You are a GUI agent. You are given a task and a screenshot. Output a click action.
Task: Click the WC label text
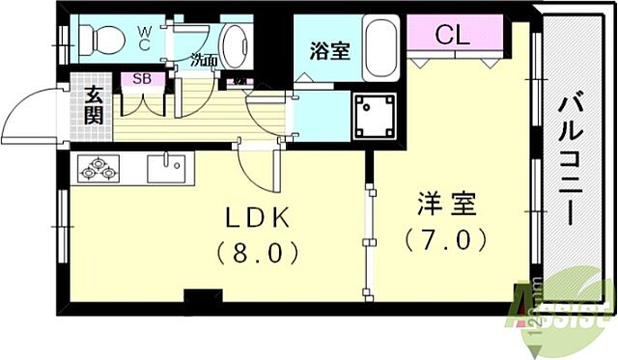tap(144, 37)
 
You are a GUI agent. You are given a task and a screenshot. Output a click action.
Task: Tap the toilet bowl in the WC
tap(100, 40)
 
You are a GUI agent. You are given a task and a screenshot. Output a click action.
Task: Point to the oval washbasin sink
tap(234, 43)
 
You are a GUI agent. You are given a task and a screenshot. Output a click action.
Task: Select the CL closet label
tap(451, 37)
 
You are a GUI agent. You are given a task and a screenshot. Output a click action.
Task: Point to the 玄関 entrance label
tap(94, 103)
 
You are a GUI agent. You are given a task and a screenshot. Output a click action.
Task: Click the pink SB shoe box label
tap(141, 80)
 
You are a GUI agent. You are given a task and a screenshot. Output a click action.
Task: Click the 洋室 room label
tap(445, 205)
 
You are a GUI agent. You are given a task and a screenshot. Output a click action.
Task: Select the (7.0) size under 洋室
tap(445, 239)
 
